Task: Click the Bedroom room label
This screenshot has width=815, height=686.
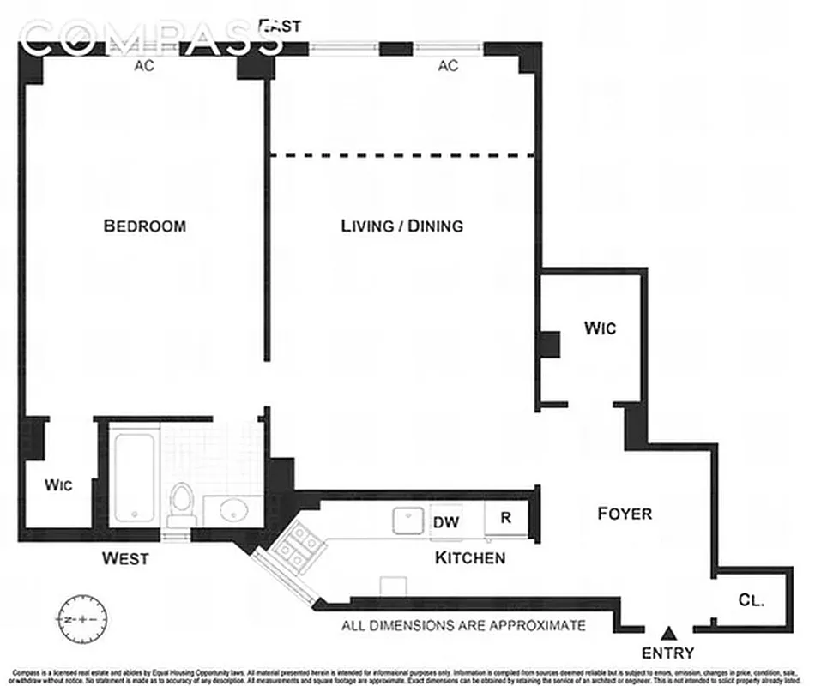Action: (x=144, y=226)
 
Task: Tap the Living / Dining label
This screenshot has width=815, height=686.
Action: (x=401, y=226)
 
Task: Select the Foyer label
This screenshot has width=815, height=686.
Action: (x=624, y=514)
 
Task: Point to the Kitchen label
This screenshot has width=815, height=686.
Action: (x=469, y=558)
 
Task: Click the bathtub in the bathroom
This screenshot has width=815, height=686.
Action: (x=136, y=478)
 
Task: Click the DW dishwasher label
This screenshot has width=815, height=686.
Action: (x=444, y=521)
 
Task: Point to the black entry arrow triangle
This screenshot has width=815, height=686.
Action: (x=672, y=633)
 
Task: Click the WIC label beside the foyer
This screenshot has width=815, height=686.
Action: (x=600, y=328)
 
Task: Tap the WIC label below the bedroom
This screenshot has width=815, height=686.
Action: (x=57, y=485)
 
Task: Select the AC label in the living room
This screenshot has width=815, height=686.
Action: (x=448, y=66)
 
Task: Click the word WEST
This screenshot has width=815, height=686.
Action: (x=125, y=559)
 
